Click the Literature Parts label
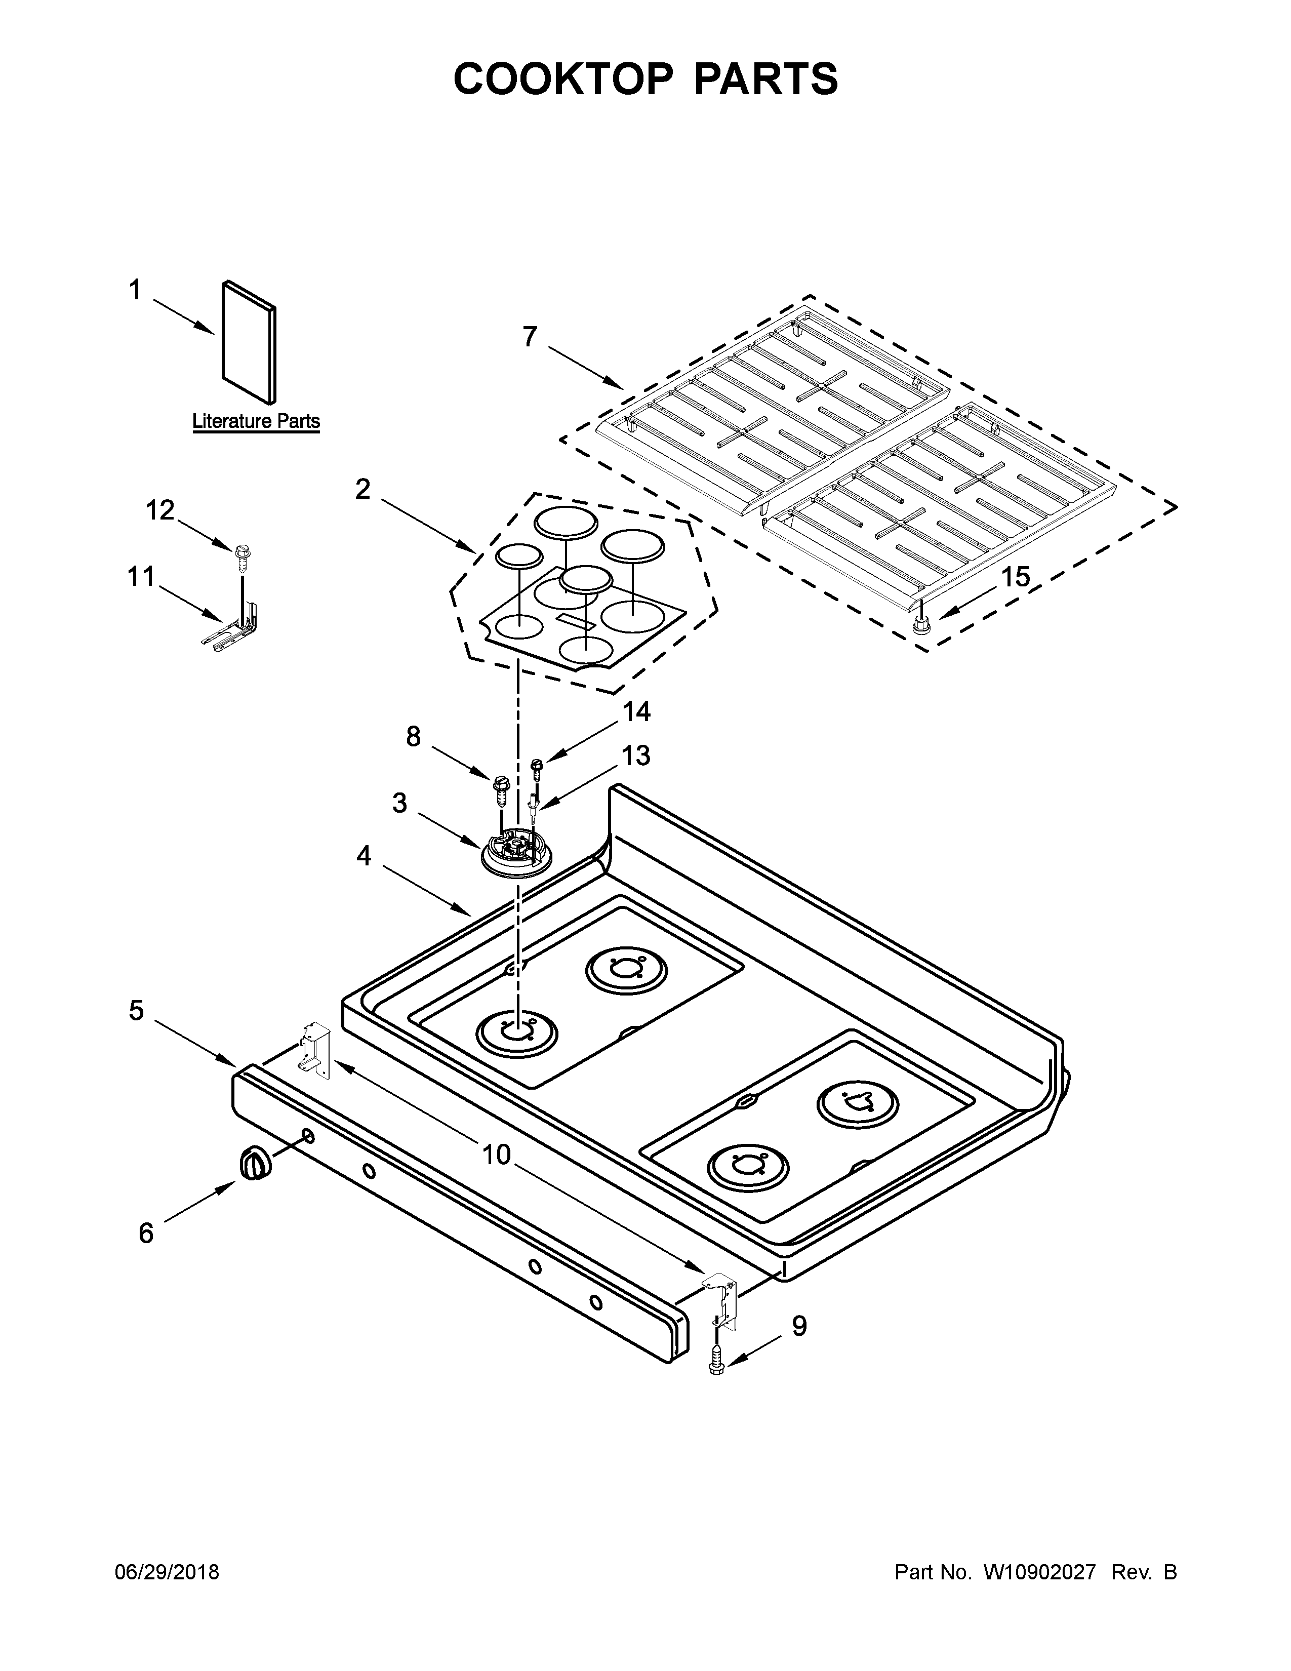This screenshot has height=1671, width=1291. [x=256, y=421]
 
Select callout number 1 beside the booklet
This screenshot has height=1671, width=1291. [x=135, y=291]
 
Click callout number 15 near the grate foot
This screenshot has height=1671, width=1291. [x=1016, y=577]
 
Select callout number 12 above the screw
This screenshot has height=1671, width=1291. [x=160, y=510]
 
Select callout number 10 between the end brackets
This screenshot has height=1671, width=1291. [x=496, y=1155]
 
